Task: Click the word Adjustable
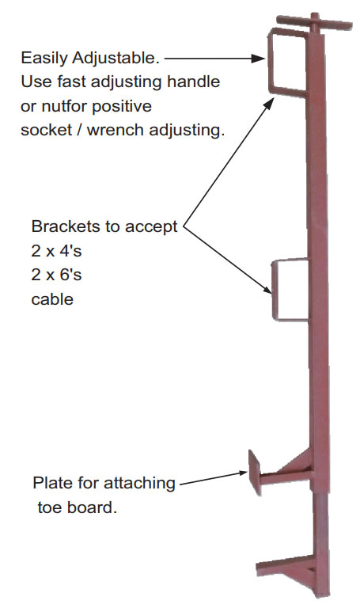(116, 58)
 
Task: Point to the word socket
(47, 130)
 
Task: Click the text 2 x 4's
(57, 251)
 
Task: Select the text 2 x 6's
(57, 275)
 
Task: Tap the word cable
(52, 299)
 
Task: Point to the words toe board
(77, 507)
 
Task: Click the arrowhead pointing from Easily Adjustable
(258, 59)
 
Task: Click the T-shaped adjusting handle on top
(314, 23)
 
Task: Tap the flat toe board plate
(254, 472)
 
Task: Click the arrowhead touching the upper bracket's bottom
(269, 103)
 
